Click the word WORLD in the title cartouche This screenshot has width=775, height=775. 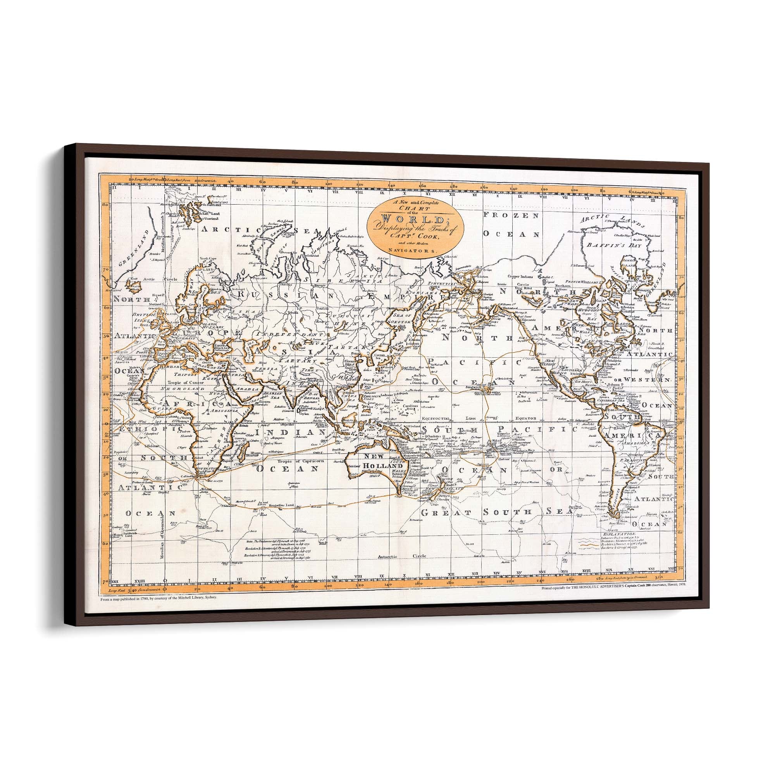(415, 219)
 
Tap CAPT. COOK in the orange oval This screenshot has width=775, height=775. (416, 236)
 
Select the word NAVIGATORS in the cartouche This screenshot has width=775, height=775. (416, 250)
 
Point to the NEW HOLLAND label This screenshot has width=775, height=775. (379, 461)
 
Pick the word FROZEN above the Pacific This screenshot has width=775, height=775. (510, 215)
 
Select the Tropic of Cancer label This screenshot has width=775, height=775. (183, 382)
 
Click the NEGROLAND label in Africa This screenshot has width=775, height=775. (177, 389)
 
